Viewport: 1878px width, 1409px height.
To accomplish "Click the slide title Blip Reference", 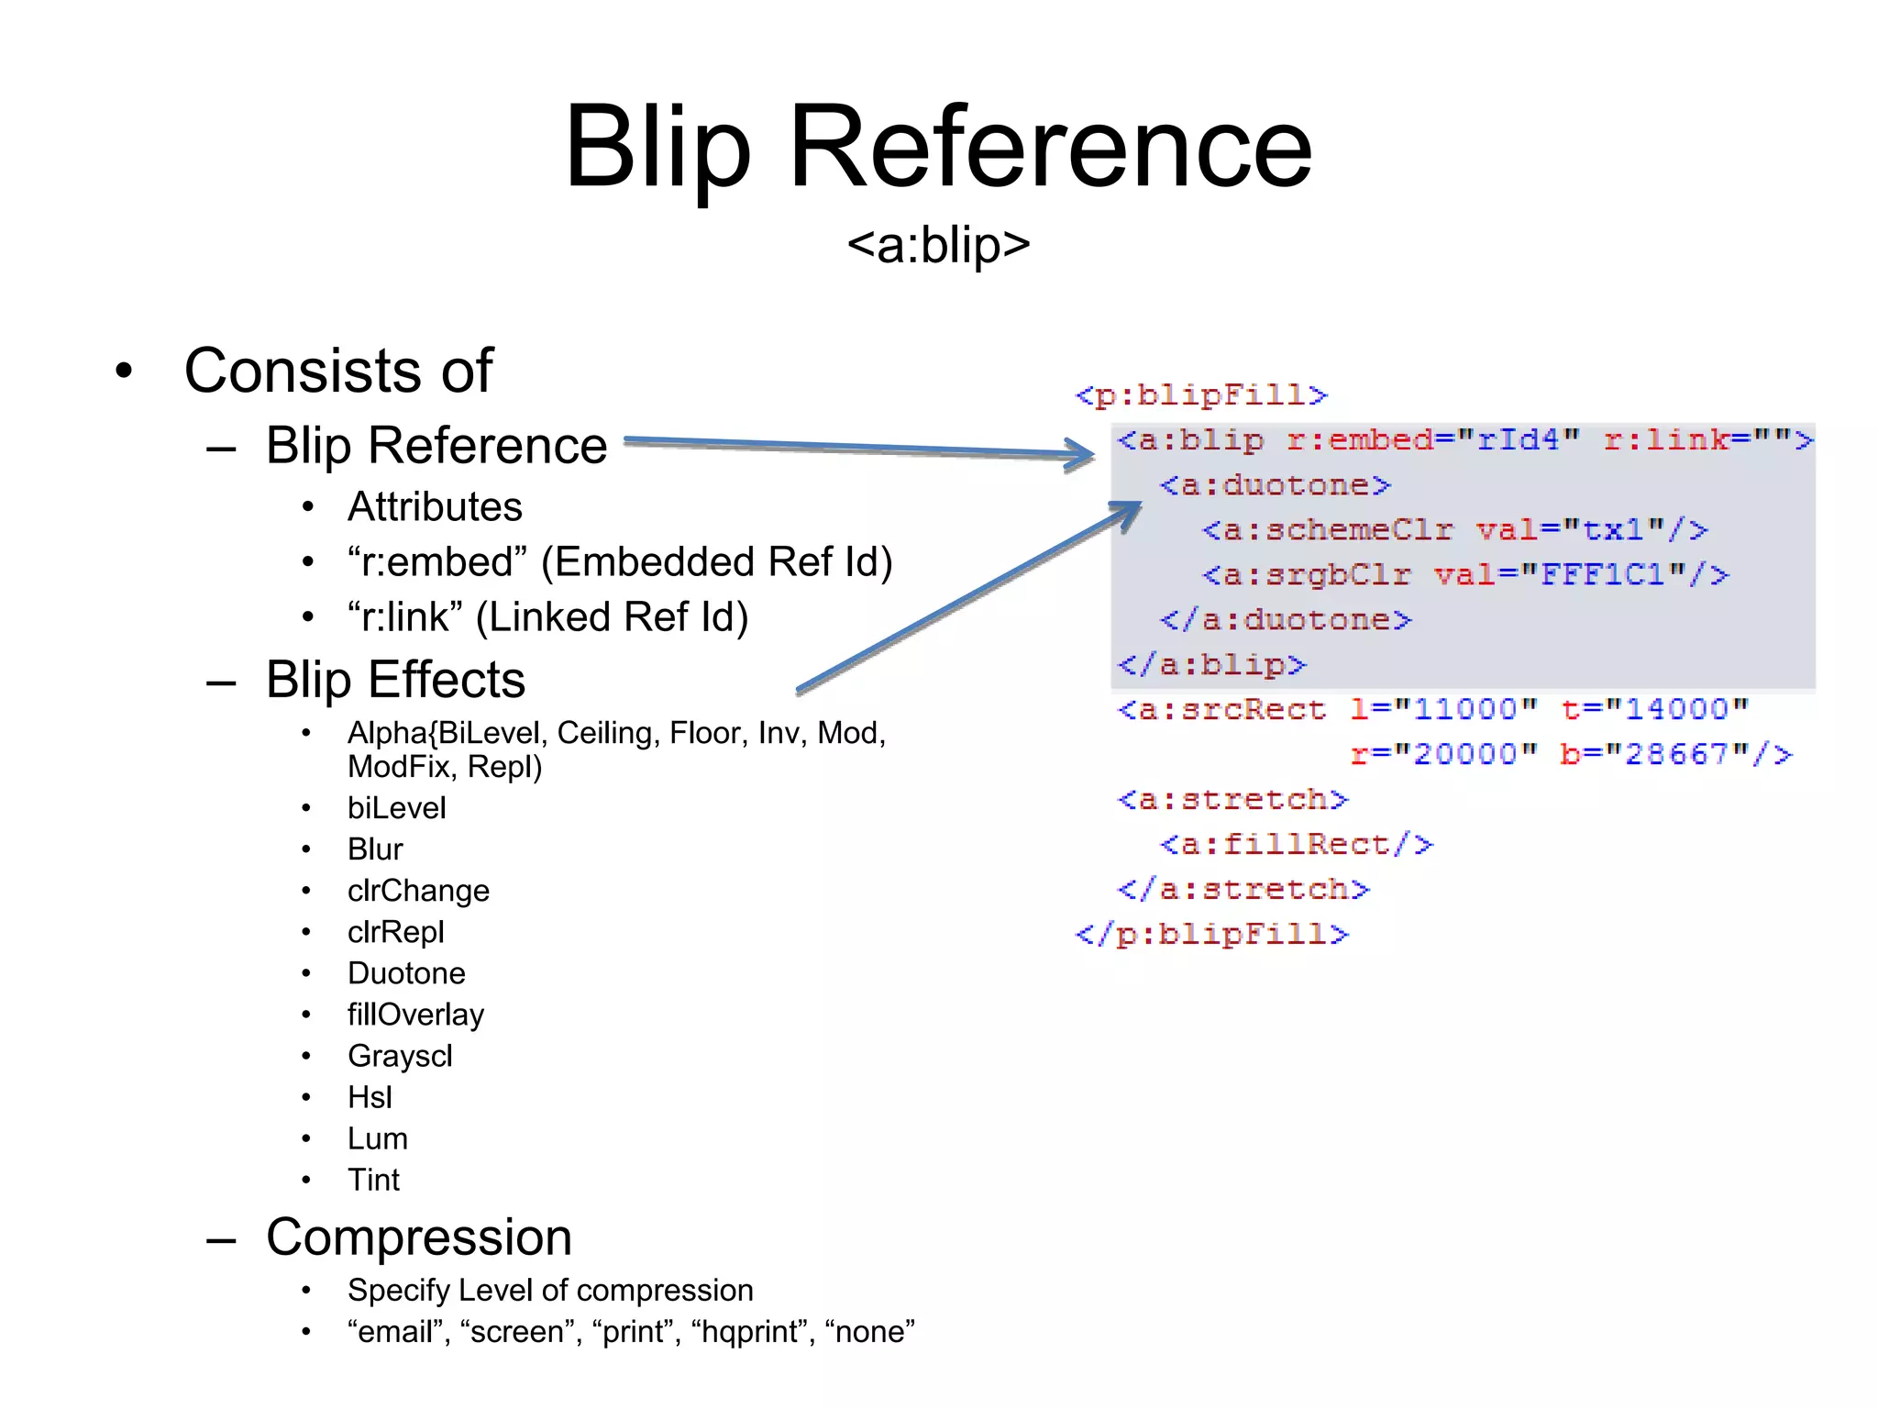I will tap(938, 147).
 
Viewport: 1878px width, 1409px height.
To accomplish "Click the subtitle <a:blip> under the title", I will tap(938, 245).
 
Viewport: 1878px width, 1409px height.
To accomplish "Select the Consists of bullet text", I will tap(338, 371).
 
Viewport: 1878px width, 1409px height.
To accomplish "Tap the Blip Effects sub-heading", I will tap(395, 680).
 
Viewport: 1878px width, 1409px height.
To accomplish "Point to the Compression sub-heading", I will tap(418, 1237).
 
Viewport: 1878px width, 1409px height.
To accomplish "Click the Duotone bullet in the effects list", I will tap(406, 973).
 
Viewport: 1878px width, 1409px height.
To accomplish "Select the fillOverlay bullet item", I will tap(415, 1015).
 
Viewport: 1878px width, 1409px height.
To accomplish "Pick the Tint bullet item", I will tap(373, 1180).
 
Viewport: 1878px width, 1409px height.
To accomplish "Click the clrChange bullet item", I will tap(418, 891).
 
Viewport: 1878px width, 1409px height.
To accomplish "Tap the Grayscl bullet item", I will tap(400, 1056).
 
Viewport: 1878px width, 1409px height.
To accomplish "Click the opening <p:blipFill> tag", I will tap(1200, 395).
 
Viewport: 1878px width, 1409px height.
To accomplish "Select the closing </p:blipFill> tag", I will tap(1211, 934).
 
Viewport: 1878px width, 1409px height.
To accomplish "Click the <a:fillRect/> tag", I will tap(1296, 844).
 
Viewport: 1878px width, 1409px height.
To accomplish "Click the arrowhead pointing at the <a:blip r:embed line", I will tap(1080, 453).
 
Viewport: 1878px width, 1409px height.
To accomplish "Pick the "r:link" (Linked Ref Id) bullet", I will tap(547, 617).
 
